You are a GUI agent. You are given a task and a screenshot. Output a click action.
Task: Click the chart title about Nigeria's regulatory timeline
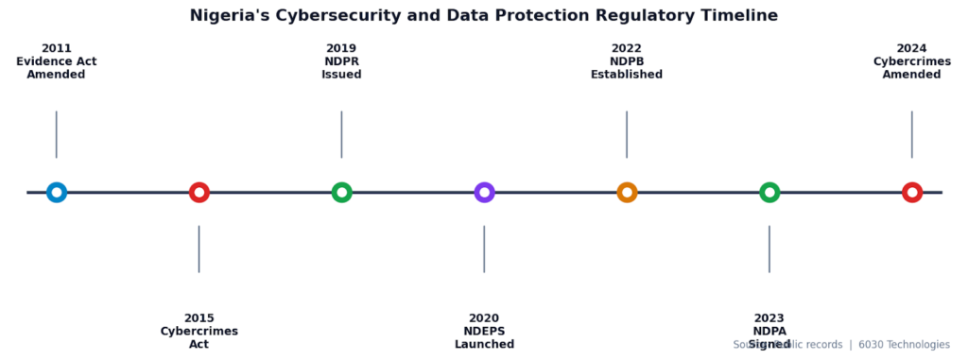click(x=483, y=16)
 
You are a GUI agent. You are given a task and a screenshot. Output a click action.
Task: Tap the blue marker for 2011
click(x=57, y=193)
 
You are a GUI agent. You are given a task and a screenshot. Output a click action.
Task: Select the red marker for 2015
click(x=199, y=193)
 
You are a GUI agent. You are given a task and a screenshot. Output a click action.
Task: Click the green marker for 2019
click(x=341, y=193)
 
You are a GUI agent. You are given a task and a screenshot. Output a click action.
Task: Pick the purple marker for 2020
click(x=484, y=193)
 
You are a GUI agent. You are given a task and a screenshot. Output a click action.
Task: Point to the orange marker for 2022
click(x=627, y=193)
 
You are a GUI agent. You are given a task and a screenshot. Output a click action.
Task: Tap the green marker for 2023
click(x=769, y=193)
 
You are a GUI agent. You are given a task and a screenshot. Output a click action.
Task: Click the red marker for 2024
click(x=911, y=193)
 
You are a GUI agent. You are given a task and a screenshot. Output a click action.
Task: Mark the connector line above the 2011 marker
click(x=57, y=134)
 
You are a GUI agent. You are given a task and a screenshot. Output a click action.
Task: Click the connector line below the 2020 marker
click(x=484, y=249)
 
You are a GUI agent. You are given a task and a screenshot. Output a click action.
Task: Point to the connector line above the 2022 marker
click(x=627, y=134)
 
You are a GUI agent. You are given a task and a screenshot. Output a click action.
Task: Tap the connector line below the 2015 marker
click(x=199, y=249)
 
